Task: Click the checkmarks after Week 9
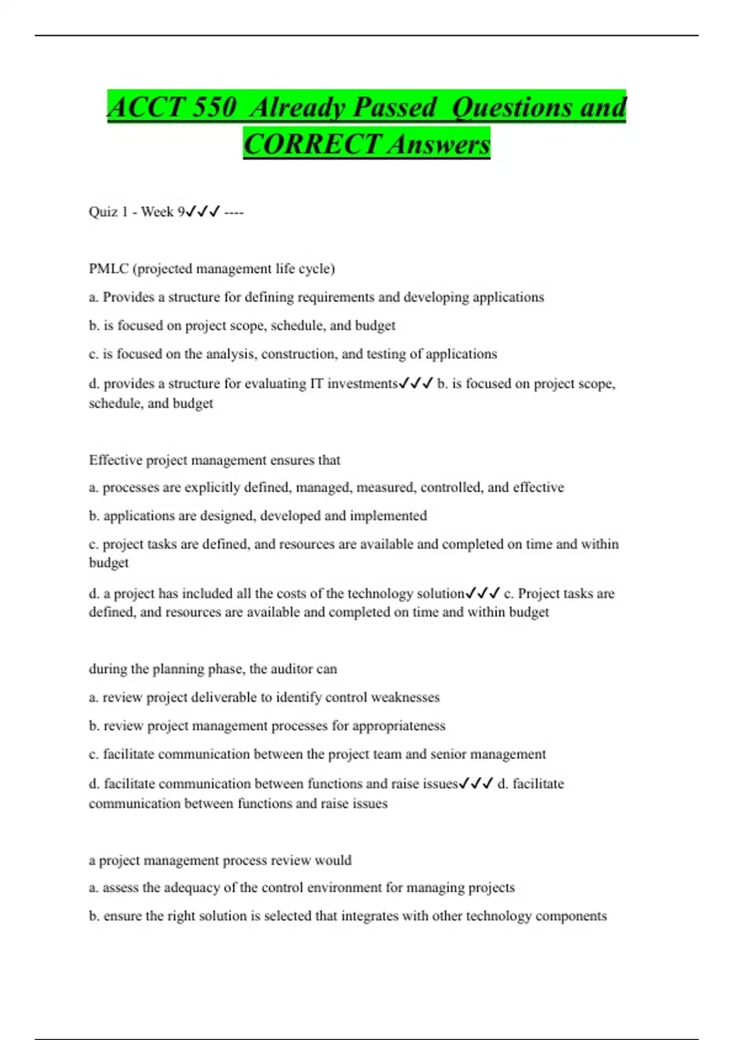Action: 202,212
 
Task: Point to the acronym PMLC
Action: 108,269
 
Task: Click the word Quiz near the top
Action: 103,212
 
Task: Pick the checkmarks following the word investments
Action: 416,384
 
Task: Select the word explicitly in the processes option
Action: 212,488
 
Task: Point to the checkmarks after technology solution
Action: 483,593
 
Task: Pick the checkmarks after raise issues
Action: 476,784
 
